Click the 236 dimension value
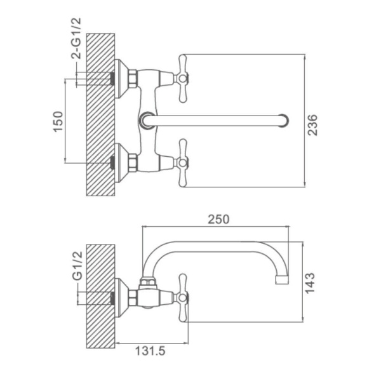[x=312, y=125]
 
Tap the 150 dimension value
[x=58, y=121]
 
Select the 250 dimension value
[x=218, y=219]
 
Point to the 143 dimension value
[x=310, y=283]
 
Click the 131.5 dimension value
[x=150, y=351]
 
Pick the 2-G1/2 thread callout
[x=76, y=39]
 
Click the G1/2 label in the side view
[x=77, y=266]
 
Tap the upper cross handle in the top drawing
[x=182, y=78]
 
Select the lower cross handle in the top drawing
[x=182, y=163]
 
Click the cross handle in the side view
[x=182, y=298]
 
